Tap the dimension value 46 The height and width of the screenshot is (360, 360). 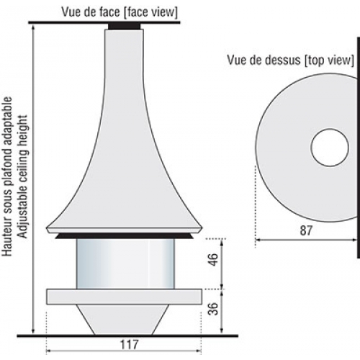click(x=213, y=259)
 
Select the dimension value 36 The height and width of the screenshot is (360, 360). click(x=213, y=309)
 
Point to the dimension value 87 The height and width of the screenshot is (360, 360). click(x=306, y=231)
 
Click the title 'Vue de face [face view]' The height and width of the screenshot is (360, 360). click(x=120, y=12)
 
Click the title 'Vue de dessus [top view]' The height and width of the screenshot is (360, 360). click(x=291, y=60)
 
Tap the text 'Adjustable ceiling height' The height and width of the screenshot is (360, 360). click(x=23, y=176)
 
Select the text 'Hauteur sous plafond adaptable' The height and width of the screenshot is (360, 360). click(x=7, y=176)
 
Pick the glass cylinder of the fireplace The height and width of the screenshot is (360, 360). click(x=125, y=264)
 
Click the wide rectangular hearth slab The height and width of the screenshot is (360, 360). click(x=124, y=297)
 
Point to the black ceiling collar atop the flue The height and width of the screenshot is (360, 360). click(x=124, y=26)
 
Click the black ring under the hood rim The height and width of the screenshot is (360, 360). click(x=124, y=236)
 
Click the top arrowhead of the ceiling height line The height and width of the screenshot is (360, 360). click(x=33, y=27)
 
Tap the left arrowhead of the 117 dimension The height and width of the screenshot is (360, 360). click(x=48, y=351)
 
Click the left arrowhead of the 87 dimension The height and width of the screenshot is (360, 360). click(x=258, y=239)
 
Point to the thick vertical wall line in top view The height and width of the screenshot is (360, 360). click(x=359, y=148)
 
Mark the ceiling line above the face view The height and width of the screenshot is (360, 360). click(x=104, y=22)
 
